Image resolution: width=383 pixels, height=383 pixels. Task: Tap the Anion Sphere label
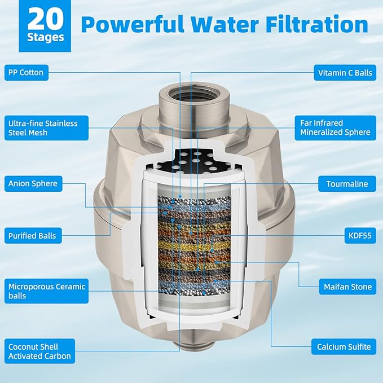(33, 183)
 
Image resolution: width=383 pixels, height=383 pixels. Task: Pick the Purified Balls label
(32, 235)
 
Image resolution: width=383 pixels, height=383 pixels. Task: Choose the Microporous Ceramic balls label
(47, 291)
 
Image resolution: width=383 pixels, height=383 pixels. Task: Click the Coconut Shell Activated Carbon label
(39, 351)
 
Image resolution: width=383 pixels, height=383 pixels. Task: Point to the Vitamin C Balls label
(345, 72)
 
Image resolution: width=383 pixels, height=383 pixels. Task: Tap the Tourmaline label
(347, 183)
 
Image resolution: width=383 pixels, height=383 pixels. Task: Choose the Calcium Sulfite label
(344, 346)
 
